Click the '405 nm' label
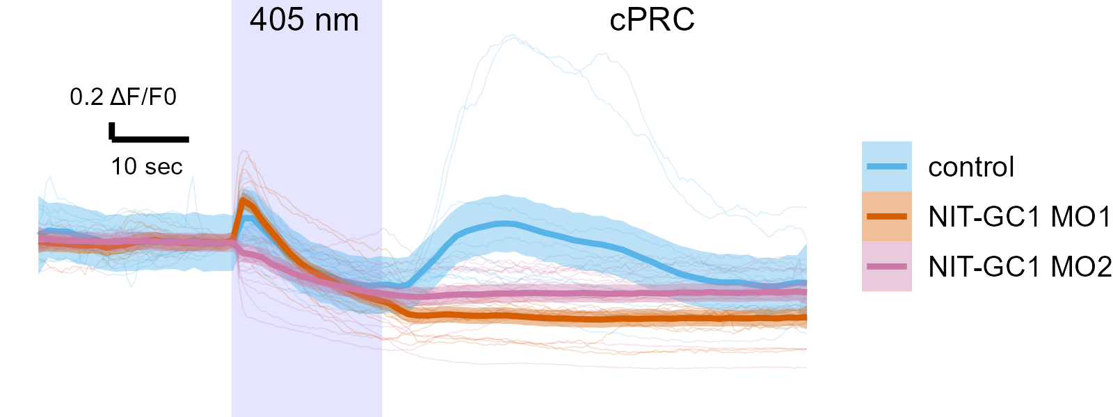coord(304,20)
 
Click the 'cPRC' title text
coord(652,20)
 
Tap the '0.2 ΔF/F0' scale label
coord(123,97)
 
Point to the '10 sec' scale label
coord(147,167)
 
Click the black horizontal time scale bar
coord(150,140)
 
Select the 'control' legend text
coord(971,167)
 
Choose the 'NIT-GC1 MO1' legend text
coord(1020,218)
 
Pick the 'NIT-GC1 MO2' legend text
coord(1020,267)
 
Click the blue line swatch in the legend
coord(887,167)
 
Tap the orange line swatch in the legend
coord(887,217)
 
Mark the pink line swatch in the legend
coord(887,267)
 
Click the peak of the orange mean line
coord(243,201)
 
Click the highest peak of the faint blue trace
coord(513,36)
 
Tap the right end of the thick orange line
coord(805,318)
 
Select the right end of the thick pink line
coord(805,293)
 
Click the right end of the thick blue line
coord(805,283)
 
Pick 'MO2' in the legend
coord(1081,267)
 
